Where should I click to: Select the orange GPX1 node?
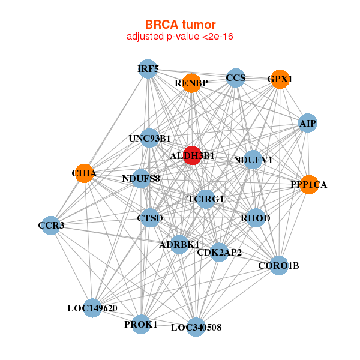pos(280,79)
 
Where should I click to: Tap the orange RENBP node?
pos(191,83)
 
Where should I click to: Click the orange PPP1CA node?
pos(308,184)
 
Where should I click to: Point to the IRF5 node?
pos(148,69)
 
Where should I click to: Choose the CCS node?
pos(236,78)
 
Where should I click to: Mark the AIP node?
pos(307,123)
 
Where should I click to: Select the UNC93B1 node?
pos(149,138)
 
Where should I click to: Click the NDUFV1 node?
pos(253,160)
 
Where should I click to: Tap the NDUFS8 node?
pos(141,178)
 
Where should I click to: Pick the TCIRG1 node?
pos(206,199)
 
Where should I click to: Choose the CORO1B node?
pos(278,265)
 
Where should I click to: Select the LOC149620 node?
pos(92,308)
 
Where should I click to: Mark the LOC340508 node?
pos(196,327)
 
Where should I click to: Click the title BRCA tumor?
pos(180,25)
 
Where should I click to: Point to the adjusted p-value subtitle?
pos(180,37)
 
